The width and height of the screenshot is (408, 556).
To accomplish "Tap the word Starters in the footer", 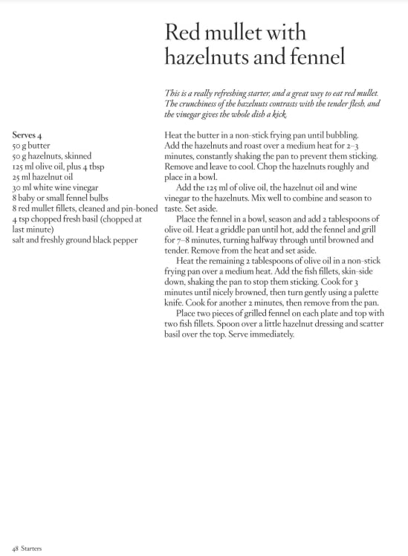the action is coord(31,548).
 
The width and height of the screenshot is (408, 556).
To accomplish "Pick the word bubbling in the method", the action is coord(339,136).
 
